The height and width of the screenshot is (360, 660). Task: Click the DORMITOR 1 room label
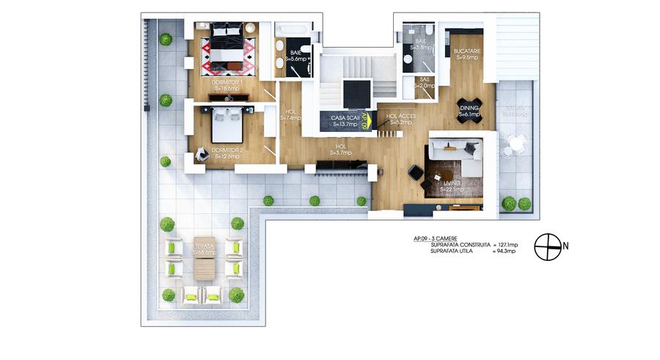(228, 85)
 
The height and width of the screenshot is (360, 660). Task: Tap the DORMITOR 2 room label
(226, 153)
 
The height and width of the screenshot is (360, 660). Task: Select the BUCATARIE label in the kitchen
(466, 53)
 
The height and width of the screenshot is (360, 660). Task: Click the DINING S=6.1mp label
(469, 111)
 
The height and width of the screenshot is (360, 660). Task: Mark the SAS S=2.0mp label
(425, 82)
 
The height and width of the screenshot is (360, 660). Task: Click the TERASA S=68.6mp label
(204, 249)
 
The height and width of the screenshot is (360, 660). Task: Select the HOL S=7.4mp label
(291, 114)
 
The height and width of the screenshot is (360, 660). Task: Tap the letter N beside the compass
(566, 246)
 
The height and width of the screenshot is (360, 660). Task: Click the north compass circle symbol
(547, 246)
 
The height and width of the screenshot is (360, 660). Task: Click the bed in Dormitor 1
(228, 47)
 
